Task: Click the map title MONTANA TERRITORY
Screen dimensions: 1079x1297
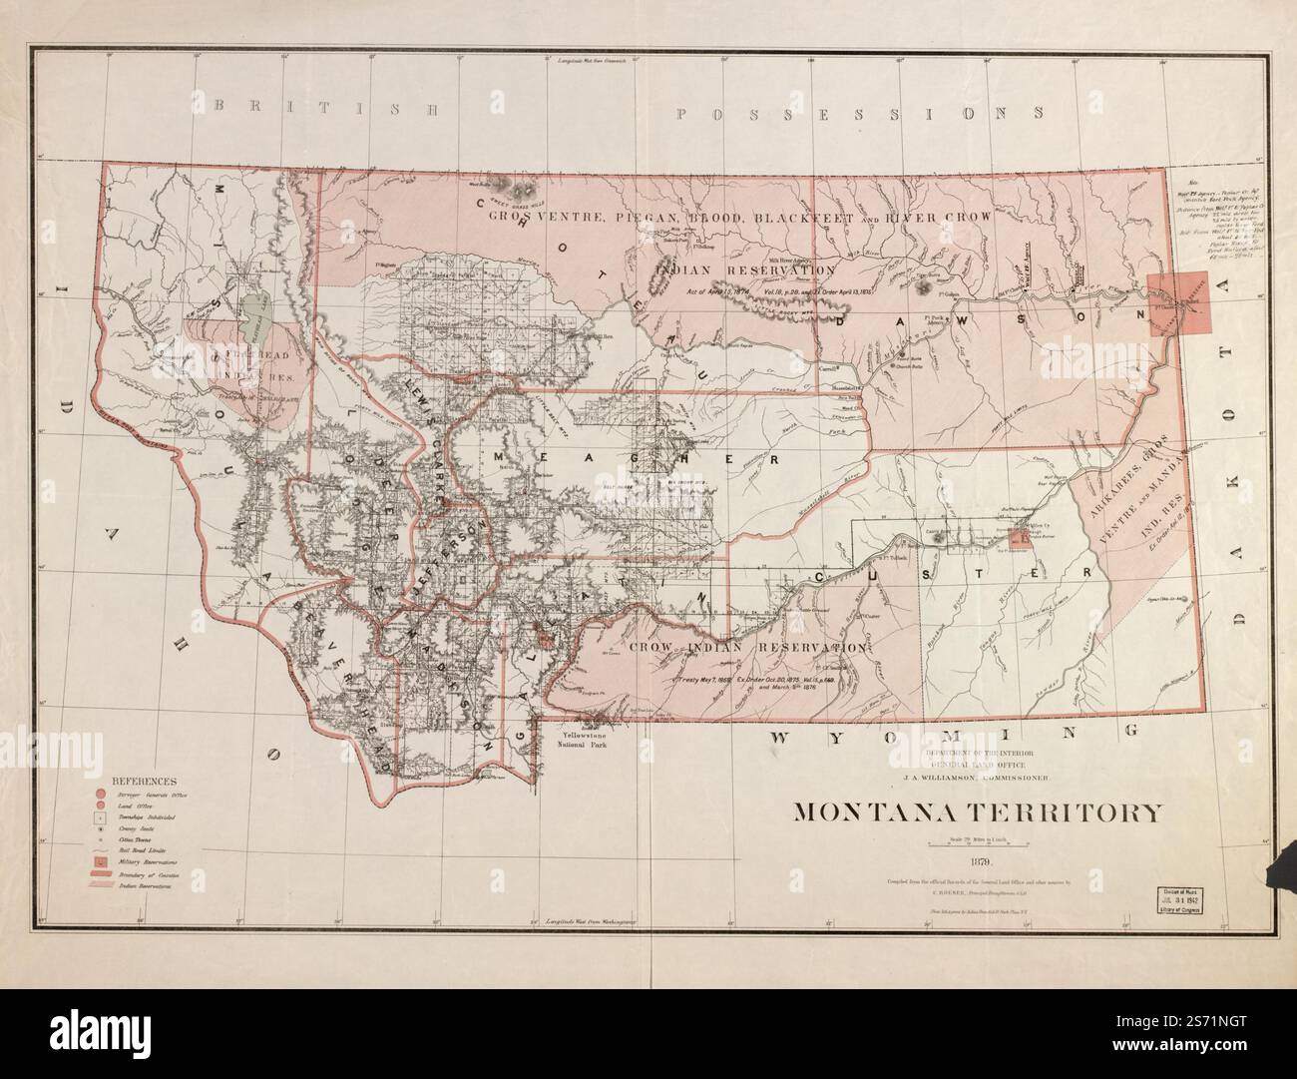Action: (x=977, y=811)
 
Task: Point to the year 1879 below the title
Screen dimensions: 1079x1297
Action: (x=978, y=859)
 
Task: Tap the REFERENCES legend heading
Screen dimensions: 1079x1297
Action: (x=145, y=781)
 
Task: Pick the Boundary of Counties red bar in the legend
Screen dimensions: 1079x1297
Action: (x=102, y=873)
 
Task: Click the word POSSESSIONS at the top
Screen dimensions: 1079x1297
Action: (x=863, y=112)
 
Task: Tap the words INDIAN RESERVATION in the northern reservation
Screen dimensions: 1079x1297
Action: (x=745, y=270)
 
